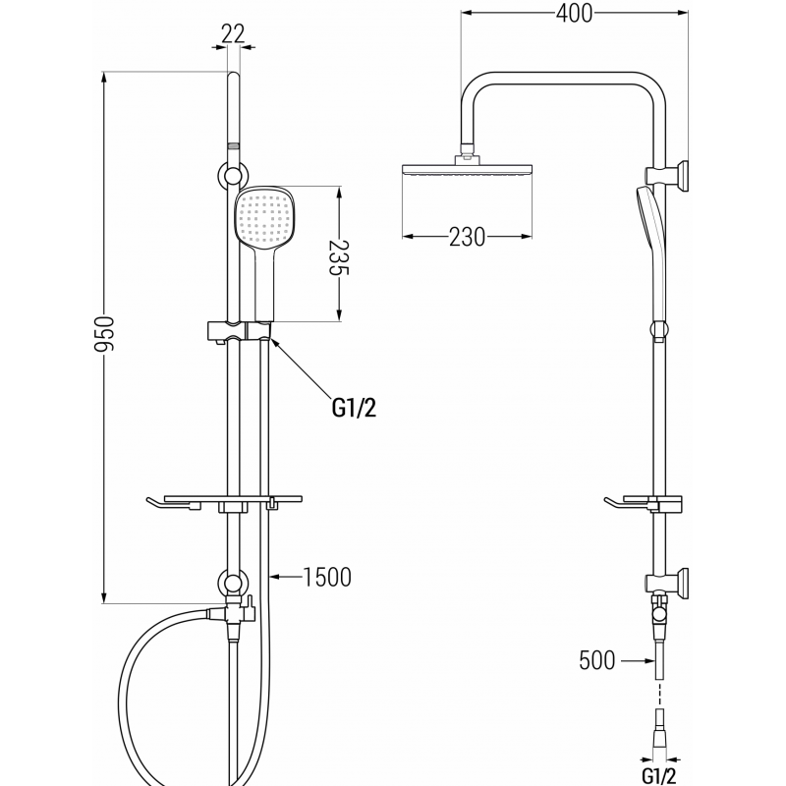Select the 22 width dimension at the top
[x=233, y=32]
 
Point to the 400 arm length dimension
[x=575, y=15]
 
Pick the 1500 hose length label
[x=327, y=577]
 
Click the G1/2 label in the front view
[x=353, y=407]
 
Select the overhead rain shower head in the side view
[x=468, y=170]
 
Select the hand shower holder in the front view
[x=236, y=330]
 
